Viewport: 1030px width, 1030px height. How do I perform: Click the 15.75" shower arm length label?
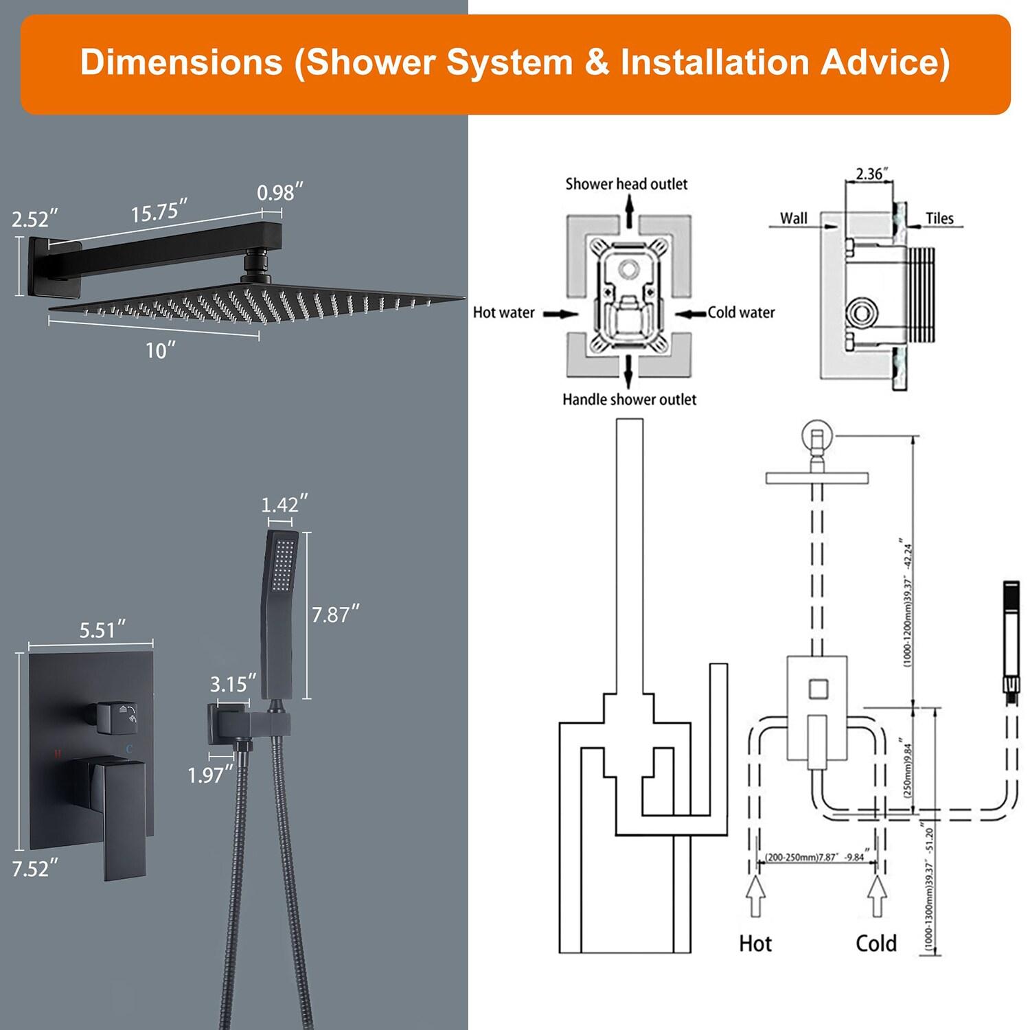coord(159,211)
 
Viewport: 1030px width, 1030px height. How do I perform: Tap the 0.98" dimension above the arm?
coord(280,192)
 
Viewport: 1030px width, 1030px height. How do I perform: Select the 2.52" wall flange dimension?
coord(35,219)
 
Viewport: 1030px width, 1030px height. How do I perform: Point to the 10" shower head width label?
coord(160,350)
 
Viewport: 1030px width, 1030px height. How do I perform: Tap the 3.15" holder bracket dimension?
coord(233,684)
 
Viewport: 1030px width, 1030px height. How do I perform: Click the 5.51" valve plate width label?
coord(102,630)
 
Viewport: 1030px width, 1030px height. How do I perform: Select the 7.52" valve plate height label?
coord(35,869)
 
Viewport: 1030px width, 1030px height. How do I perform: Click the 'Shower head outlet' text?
coord(626,184)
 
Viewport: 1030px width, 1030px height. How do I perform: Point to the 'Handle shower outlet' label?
coord(629,400)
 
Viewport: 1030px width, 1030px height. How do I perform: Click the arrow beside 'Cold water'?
coord(690,314)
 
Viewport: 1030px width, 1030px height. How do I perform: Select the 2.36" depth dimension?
coord(872,174)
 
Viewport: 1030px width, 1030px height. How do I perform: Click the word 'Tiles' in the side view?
coord(939,218)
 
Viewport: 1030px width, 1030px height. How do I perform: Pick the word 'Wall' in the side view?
coord(793,218)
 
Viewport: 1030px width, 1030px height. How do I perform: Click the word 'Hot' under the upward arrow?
coord(755,943)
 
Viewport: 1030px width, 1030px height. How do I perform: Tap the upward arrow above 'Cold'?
coord(876,896)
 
